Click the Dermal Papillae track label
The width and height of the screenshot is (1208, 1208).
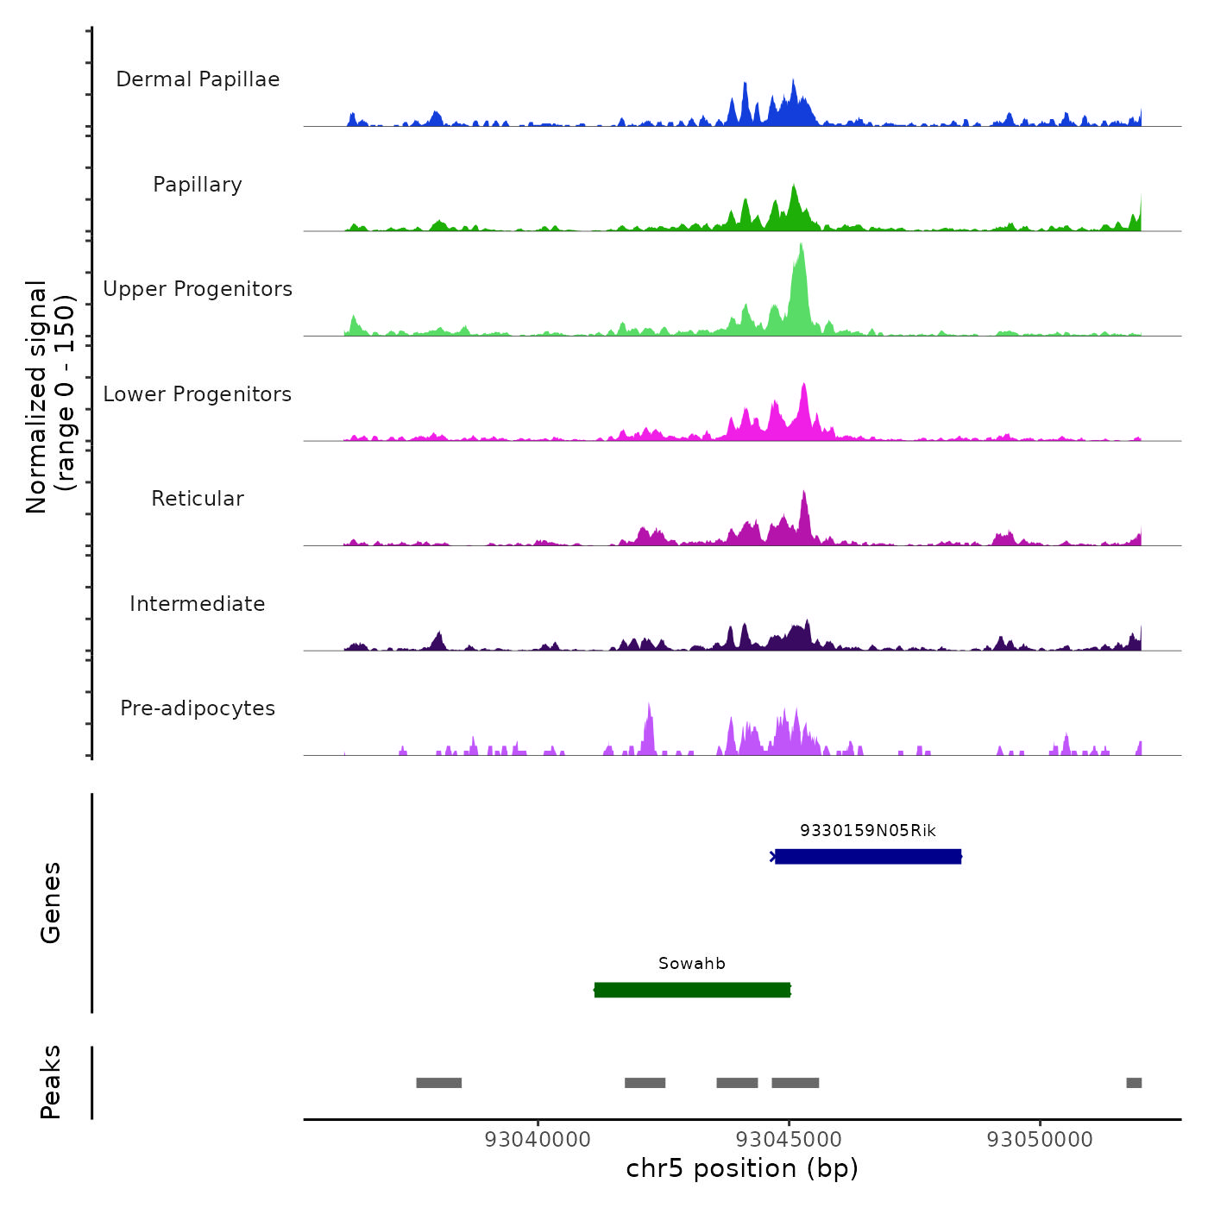[198, 79]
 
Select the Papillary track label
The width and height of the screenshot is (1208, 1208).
[198, 185]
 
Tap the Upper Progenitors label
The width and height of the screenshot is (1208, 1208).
[198, 289]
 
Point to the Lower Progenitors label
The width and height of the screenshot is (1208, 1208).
[198, 394]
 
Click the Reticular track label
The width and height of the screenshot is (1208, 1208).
[198, 499]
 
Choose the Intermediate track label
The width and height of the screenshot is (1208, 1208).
[198, 604]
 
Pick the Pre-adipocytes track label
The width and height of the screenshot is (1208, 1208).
[198, 708]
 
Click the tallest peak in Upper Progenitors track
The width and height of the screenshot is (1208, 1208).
[801, 250]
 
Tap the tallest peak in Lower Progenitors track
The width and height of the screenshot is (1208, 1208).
[804, 388]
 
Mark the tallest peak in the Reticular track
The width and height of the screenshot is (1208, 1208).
[804, 495]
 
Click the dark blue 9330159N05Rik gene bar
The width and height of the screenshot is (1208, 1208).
[868, 856]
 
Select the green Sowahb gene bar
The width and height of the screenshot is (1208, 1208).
[692, 990]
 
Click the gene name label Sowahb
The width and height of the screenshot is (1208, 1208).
[692, 964]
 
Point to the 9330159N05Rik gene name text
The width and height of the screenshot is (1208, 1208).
[868, 831]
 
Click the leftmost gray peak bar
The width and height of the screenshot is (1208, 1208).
[438, 1083]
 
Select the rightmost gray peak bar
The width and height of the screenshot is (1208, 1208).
[1134, 1083]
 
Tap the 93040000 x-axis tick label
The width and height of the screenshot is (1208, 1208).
[538, 1140]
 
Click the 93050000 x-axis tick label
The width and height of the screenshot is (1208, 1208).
[1040, 1140]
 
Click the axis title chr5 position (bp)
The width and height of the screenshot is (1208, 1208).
[742, 1168]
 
